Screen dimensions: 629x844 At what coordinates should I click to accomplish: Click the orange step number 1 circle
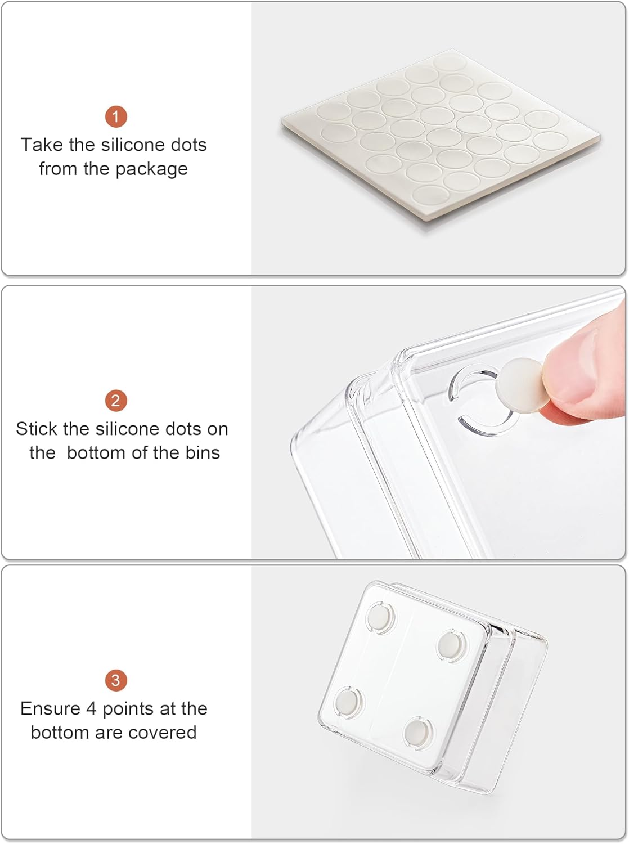point(116,116)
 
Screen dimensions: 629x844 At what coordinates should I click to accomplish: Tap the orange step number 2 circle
point(116,401)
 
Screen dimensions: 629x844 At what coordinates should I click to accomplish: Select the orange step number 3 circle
point(116,680)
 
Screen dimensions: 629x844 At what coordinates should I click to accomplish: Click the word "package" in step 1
point(151,169)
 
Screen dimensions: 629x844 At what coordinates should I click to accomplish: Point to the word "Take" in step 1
point(42,145)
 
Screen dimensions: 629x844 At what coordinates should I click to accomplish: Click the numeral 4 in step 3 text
point(91,708)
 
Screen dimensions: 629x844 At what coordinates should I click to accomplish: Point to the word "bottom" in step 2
point(97,452)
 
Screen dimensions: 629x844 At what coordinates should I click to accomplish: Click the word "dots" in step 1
point(189,145)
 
